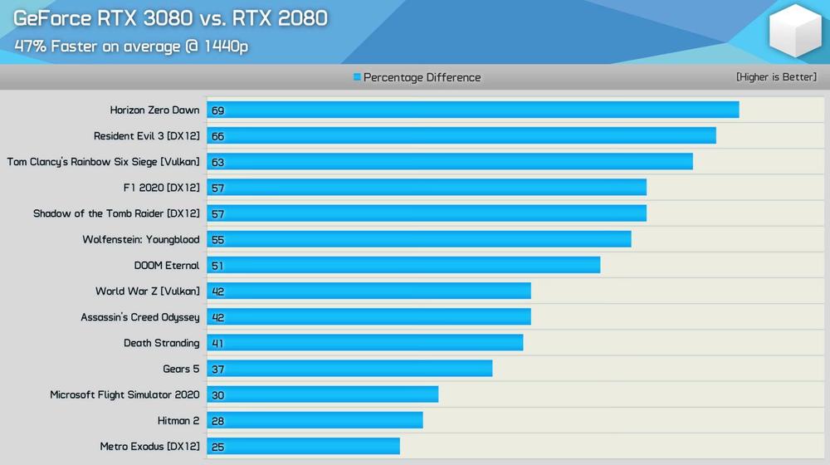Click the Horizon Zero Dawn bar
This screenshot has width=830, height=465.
pos(473,110)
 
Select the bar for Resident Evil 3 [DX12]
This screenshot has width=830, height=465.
pos(461,136)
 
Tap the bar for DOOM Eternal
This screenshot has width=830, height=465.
pos(403,266)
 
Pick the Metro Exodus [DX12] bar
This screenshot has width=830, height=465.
pos(304,447)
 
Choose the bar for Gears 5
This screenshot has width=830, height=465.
pos(349,369)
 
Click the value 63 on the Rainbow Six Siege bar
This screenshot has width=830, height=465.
pos(217,163)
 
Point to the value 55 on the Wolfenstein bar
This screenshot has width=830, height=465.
pos(217,240)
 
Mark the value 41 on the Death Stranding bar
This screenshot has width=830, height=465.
pos(217,344)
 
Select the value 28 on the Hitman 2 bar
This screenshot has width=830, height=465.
pos(217,421)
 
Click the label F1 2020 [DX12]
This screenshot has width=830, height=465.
pos(161,188)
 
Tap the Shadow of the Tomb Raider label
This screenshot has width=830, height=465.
pos(116,213)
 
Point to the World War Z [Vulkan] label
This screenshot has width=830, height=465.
pos(147,291)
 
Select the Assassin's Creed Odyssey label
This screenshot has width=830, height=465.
pos(139,317)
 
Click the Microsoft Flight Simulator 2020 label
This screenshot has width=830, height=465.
pos(124,395)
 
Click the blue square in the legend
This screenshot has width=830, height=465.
pos(357,77)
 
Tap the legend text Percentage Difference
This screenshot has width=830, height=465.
pos(422,77)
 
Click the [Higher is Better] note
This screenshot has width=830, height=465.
pos(776,77)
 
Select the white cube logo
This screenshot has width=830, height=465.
pos(794,32)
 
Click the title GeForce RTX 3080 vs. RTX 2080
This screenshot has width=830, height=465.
pos(170,18)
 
